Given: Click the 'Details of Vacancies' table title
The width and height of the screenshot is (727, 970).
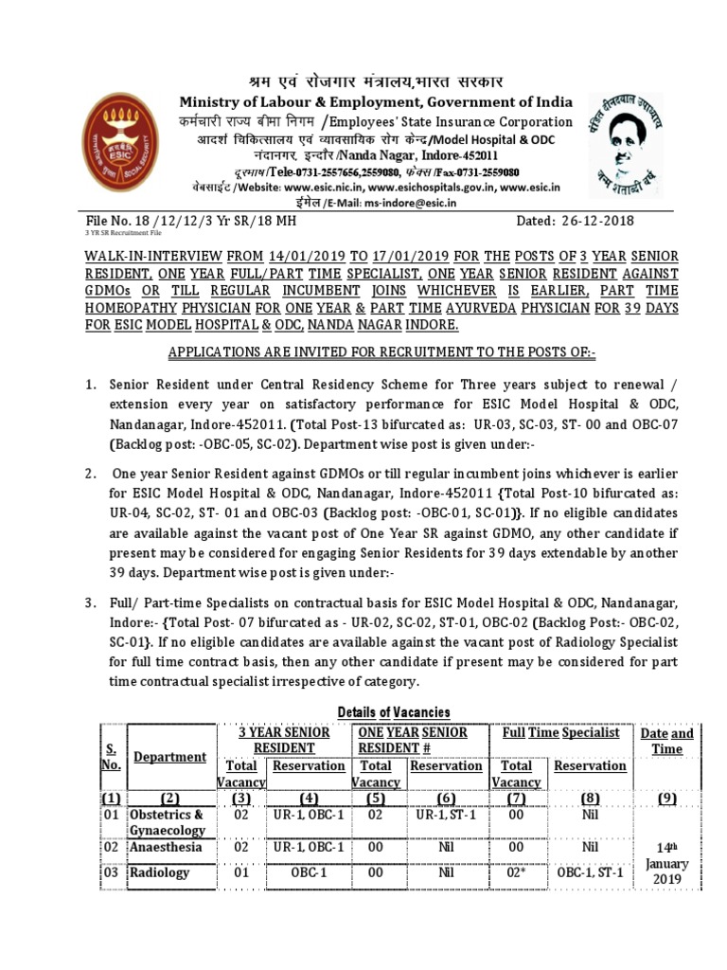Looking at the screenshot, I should click(394, 711).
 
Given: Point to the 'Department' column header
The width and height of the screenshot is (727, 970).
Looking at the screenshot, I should click(169, 756).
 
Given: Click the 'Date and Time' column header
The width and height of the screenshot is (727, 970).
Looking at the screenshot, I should click(666, 741).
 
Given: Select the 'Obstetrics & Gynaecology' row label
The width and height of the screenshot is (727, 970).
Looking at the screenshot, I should click(167, 822).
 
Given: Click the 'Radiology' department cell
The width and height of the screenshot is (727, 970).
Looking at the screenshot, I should click(159, 872).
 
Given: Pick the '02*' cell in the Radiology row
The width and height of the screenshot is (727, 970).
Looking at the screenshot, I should click(517, 872).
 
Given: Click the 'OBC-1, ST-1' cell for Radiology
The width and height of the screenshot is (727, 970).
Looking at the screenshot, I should click(590, 872).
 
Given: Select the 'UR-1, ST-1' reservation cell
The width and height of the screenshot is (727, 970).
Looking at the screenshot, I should click(447, 815).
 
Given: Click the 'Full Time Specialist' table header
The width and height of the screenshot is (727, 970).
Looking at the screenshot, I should click(560, 732).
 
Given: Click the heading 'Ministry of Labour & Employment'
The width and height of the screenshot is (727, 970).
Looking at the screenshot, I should click(377, 102).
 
